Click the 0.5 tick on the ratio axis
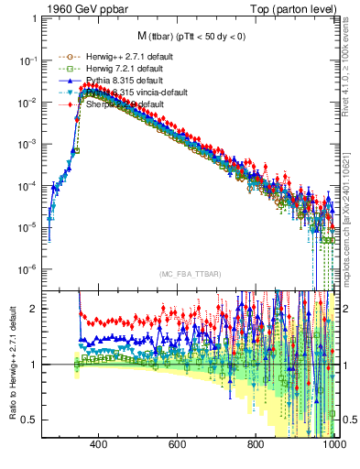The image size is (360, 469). coord(30,420)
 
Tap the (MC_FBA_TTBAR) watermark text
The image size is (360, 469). coord(189,275)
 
